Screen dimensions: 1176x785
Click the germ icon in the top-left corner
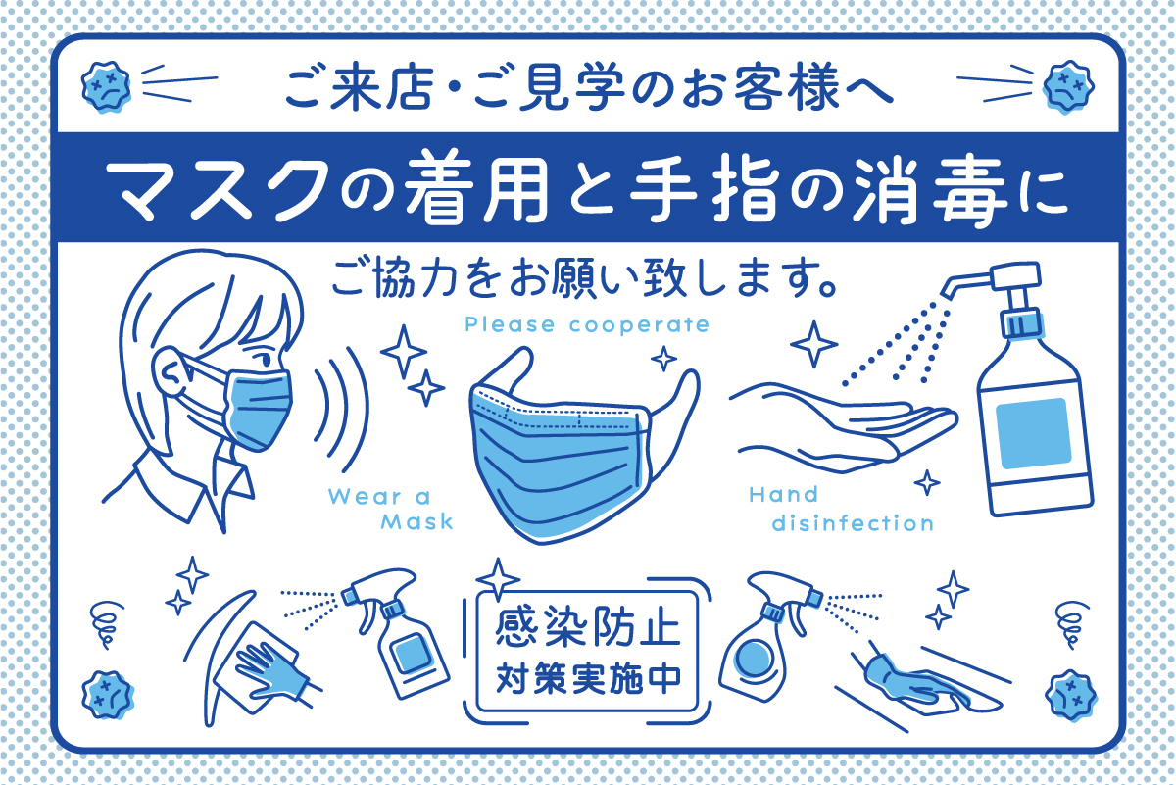point(106,86)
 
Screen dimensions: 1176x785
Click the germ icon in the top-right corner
point(1069,86)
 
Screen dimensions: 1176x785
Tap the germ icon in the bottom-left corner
point(108,695)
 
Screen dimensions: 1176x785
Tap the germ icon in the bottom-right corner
point(1071,695)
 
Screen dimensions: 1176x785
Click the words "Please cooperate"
point(587,324)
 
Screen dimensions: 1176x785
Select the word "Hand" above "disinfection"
point(783,494)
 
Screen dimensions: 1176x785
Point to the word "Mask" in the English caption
point(416,521)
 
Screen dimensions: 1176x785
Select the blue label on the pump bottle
point(1033,433)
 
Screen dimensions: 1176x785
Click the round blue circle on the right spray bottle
point(754,659)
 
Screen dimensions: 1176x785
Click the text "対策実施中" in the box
point(588,679)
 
